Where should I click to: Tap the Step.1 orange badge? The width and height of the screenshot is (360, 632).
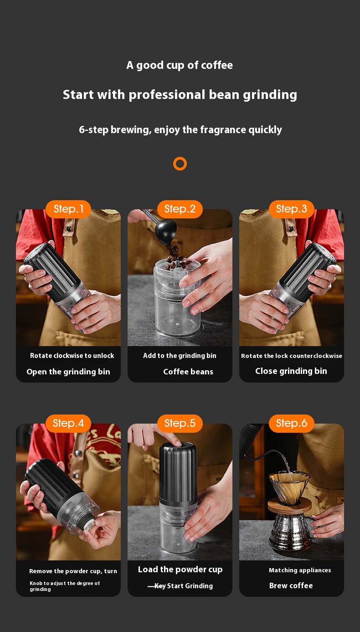pyautogui.click(x=68, y=209)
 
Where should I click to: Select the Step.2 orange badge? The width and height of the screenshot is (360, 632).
pyautogui.click(x=180, y=209)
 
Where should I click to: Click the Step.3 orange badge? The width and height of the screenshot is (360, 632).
pyautogui.click(x=291, y=209)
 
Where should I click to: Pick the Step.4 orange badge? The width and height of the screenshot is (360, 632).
pyautogui.click(x=68, y=423)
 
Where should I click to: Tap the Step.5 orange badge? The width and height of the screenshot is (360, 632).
pyautogui.click(x=180, y=423)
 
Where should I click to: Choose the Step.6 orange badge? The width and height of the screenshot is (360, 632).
pyautogui.click(x=291, y=423)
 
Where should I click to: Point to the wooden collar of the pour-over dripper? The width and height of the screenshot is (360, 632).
pyautogui.click(x=289, y=505)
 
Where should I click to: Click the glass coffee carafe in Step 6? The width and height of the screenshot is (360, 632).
pyautogui.click(x=291, y=531)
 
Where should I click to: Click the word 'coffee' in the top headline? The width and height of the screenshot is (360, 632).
pyautogui.click(x=217, y=65)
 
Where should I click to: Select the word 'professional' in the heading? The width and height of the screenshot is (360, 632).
pyautogui.click(x=167, y=95)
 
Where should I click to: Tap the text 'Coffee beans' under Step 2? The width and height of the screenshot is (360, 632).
pyautogui.click(x=188, y=372)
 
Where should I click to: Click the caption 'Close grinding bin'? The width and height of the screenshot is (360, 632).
pyautogui.click(x=291, y=371)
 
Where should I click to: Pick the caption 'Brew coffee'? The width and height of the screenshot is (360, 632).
pyautogui.click(x=291, y=585)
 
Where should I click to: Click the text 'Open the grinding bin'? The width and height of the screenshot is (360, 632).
pyautogui.click(x=68, y=372)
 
